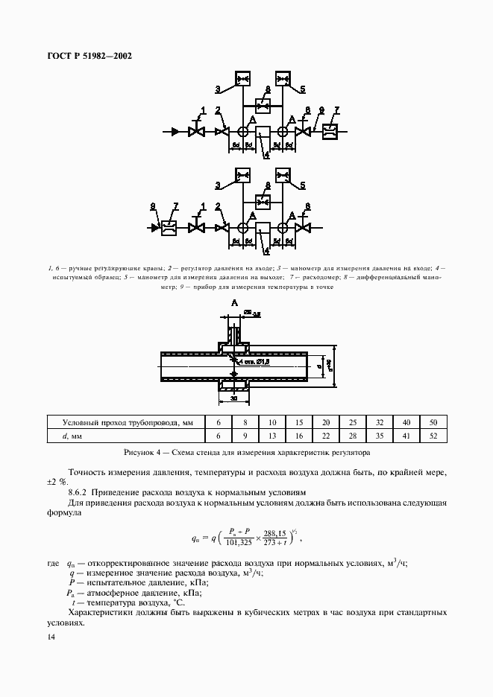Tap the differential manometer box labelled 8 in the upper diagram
click(263, 105)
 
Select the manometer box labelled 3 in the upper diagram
click(243, 78)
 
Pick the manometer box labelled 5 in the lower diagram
click(283, 176)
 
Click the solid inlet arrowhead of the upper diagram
click(175, 132)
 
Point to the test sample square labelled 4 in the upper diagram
click(263, 133)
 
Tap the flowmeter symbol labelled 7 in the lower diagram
click(168, 228)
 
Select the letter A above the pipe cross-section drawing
click(234, 303)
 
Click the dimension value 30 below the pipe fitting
click(234, 398)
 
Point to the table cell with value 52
click(433, 436)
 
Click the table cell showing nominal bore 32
click(380, 421)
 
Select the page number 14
click(50, 637)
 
